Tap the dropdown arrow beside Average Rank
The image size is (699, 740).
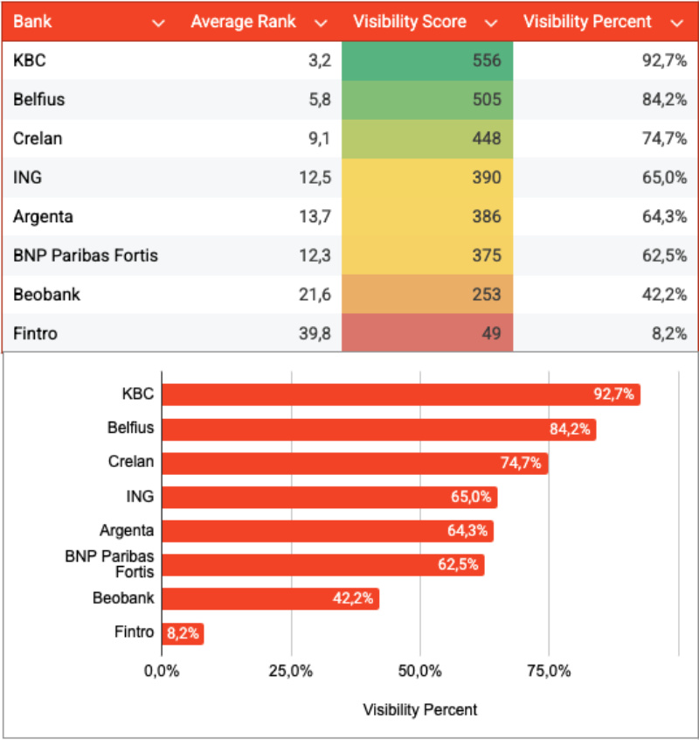[x=321, y=23]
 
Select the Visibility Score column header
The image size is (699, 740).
[x=409, y=22]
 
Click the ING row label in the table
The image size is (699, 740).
[x=27, y=178]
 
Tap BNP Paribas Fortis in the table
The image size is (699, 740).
[x=86, y=255]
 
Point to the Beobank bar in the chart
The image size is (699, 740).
[x=270, y=599]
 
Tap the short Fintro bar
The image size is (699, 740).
[x=182, y=633]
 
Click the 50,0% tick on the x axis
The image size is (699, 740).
[x=419, y=671]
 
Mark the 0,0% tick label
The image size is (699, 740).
[x=163, y=671]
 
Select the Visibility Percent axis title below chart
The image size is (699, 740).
[x=420, y=709]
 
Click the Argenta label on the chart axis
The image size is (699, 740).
[x=127, y=530]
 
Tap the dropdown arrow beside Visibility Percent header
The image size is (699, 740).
[x=675, y=23]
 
